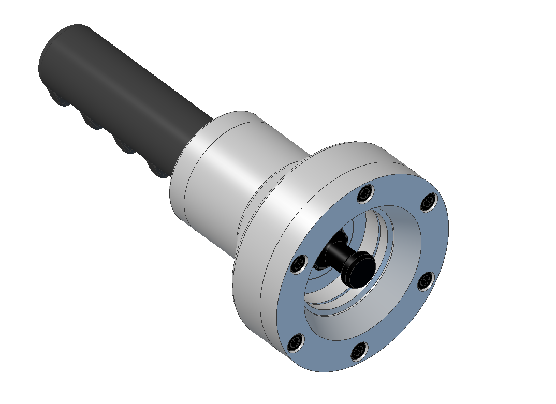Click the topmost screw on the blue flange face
click(x=366, y=195)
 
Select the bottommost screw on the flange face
click(x=359, y=351)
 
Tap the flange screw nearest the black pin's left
click(x=299, y=264)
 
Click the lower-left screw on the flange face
click(x=295, y=342)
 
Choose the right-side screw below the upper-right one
click(x=426, y=281)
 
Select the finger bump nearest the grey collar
click(x=155, y=170)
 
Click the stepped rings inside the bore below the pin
click(x=331, y=297)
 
